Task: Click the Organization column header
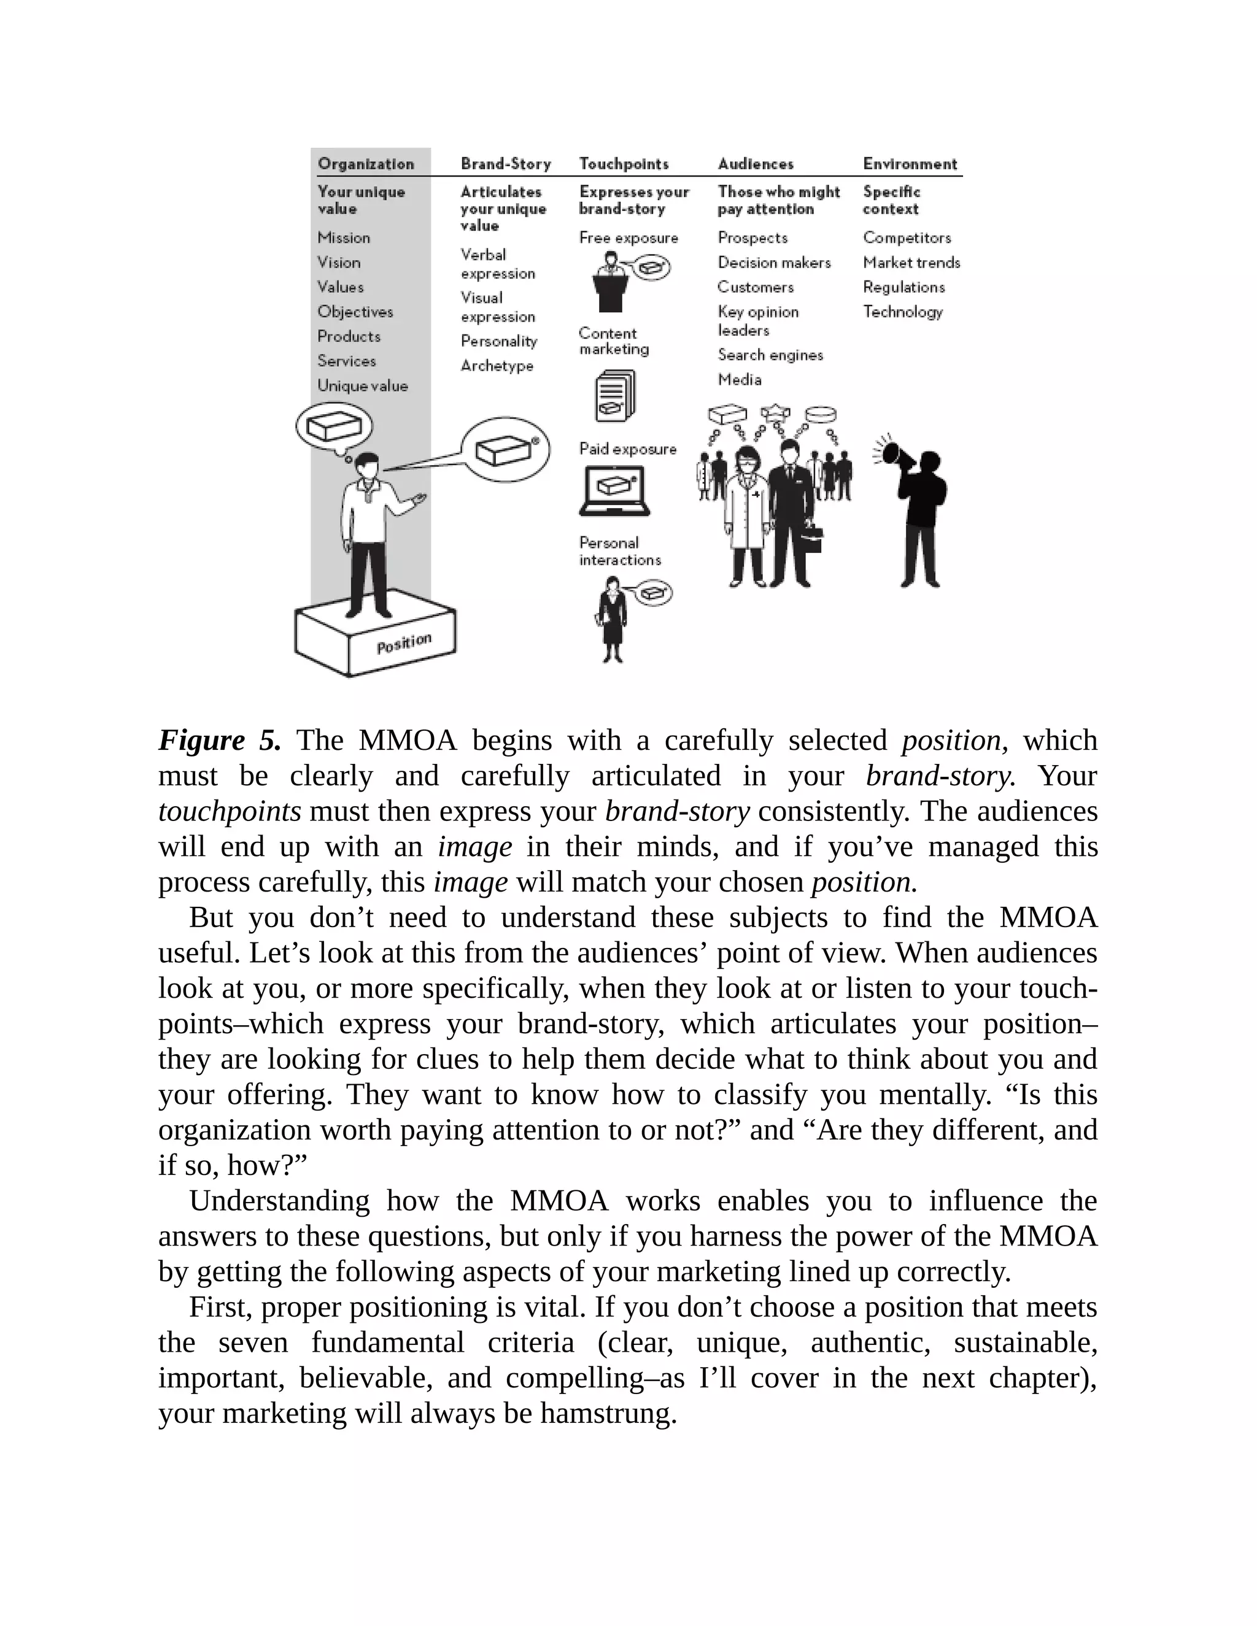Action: coord(366,164)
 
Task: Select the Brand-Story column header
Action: coord(506,164)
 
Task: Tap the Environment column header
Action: coord(910,164)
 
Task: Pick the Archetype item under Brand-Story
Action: coord(497,366)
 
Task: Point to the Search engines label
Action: coord(770,355)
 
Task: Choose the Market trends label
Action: coord(911,263)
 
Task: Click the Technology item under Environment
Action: coord(902,312)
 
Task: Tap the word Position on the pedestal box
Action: coord(404,643)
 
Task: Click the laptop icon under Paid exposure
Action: coord(614,491)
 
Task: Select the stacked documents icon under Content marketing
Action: coord(614,397)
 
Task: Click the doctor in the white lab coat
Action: coord(746,514)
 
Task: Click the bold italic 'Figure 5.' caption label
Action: coord(220,740)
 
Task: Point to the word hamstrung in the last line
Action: coord(608,1412)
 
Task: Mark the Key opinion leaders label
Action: coord(757,321)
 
